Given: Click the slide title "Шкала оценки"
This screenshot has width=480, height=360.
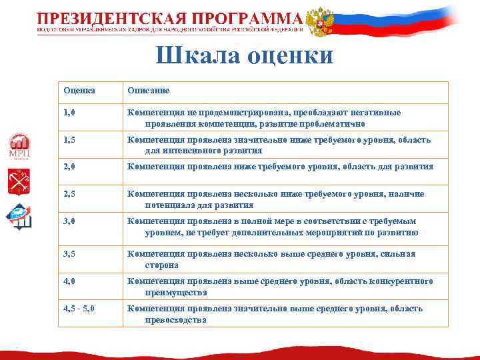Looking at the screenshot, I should [x=245, y=56].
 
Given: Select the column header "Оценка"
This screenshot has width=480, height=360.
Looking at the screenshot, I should [x=79, y=90].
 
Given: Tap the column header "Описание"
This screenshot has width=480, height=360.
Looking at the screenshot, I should [x=148, y=90].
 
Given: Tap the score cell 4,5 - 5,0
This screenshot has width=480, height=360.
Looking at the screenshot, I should [x=80, y=309].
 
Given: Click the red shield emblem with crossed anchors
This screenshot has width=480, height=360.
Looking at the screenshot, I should [x=19, y=181].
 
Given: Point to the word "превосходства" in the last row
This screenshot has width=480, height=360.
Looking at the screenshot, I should [x=175, y=320].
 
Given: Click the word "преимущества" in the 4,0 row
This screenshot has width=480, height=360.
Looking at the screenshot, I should [x=176, y=293].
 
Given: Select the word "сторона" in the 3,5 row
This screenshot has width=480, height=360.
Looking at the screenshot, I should [x=162, y=265].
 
